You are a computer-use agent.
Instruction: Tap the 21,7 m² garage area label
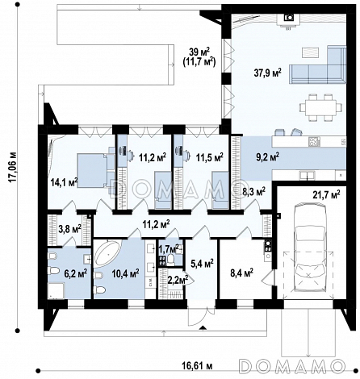tap(326, 194)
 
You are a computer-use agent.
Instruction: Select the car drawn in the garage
tap(309, 247)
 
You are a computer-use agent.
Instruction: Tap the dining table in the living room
tap(320, 107)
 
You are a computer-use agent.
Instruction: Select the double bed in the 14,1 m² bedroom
tap(93, 170)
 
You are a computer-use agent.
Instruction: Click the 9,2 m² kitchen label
tap(266, 157)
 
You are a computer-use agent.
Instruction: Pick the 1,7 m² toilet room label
tap(170, 248)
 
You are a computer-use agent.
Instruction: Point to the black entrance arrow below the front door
tap(203, 327)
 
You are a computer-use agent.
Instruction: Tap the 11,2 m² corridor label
tap(156, 223)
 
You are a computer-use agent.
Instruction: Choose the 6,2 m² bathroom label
tap(75, 273)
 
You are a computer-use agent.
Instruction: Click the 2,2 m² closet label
tap(178, 280)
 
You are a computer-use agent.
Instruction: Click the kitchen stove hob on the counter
tap(315, 141)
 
